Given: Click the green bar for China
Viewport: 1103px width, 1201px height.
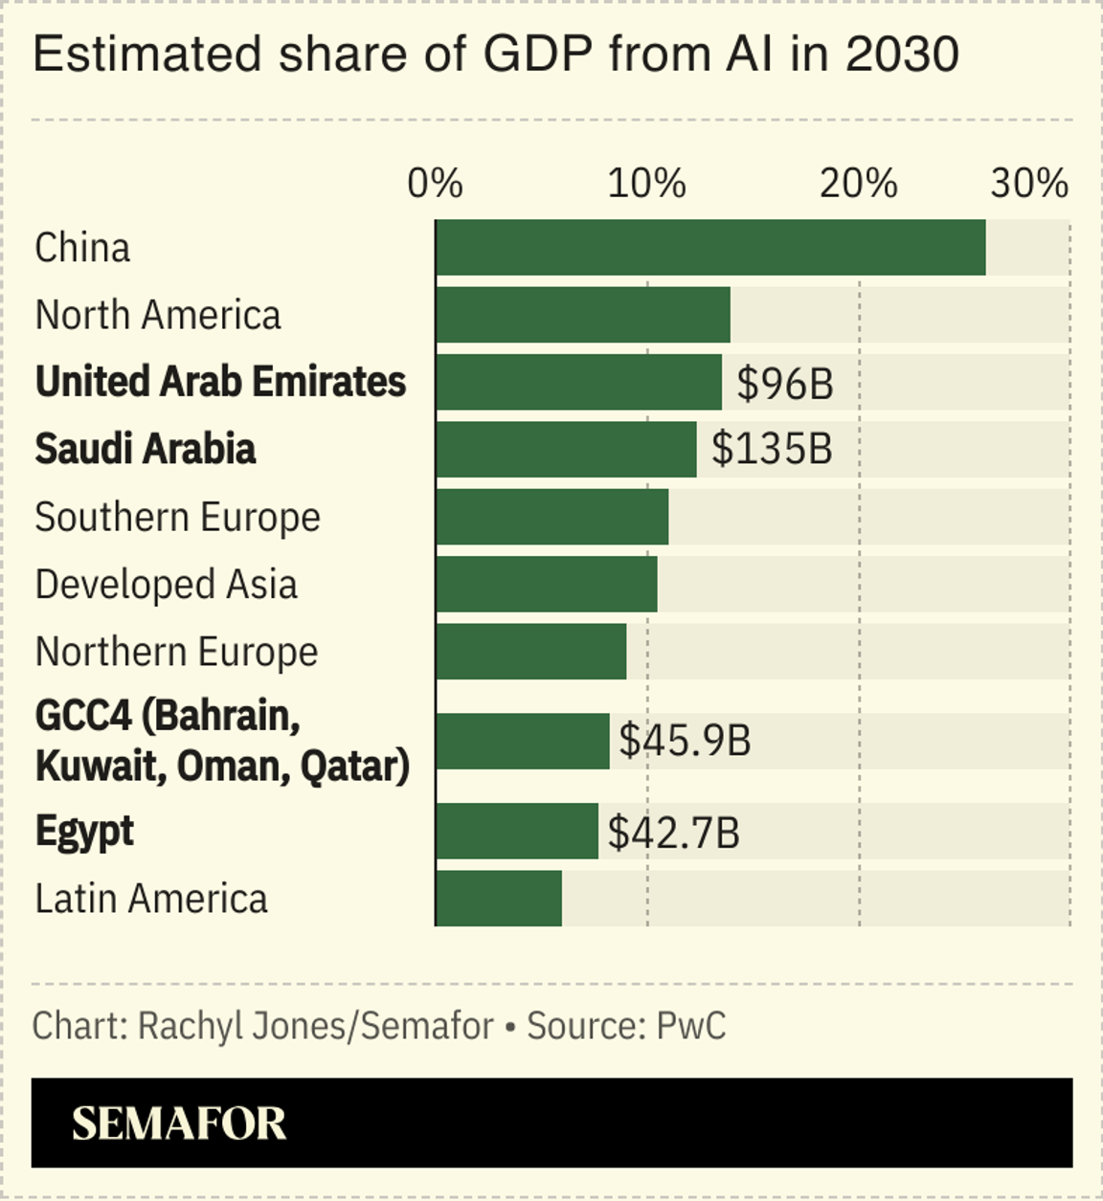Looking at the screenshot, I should click(710, 248).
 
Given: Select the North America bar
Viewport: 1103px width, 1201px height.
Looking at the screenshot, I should click(583, 315).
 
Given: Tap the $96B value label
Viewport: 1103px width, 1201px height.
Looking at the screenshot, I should click(785, 384).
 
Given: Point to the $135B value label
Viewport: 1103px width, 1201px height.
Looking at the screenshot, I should click(772, 449).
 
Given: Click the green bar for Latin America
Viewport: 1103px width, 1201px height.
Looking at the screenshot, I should click(499, 899).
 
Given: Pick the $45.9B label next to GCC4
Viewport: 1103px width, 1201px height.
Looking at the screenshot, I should click(685, 741).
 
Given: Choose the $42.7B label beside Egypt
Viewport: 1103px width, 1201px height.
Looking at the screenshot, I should click(674, 833).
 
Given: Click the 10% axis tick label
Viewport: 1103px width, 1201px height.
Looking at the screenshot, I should click(647, 184).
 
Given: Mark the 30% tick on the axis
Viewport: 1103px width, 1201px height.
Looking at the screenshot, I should click(1028, 184).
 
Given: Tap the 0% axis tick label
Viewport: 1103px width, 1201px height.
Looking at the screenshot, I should click(436, 184).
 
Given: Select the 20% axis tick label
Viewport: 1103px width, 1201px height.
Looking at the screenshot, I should click(859, 184).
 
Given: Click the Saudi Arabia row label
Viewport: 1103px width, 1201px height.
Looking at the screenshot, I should click(146, 449).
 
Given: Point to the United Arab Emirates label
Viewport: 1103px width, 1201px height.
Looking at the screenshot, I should click(220, 382).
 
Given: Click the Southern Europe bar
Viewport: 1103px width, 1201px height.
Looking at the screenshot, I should click(552, 517).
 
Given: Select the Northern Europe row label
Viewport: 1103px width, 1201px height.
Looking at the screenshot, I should click(176, 652).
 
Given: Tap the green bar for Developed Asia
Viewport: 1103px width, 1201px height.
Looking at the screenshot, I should click(547, 584).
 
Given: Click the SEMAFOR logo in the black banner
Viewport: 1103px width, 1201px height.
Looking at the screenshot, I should click(179, 1123).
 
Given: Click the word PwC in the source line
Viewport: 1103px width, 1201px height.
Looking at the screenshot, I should click(690, 1026).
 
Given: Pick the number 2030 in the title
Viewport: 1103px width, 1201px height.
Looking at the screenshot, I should click(902, 55).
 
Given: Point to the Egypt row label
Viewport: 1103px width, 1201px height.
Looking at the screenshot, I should click(84, 832).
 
